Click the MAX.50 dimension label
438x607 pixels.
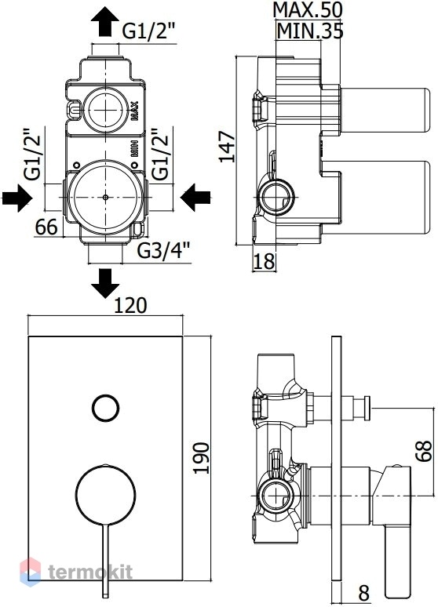coord(308,9)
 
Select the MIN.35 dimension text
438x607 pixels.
coord(310,31)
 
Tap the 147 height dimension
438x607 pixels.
coord(228,147)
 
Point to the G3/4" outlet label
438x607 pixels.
coord(164,251)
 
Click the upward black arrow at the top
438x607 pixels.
coord(105,22)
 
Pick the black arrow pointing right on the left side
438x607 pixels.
coord(16,198)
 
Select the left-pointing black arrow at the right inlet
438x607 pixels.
coord(195,198)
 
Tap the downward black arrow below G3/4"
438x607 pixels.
coord(105,283)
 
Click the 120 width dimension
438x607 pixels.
coord(130,306)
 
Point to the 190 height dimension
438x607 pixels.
coord(201,458)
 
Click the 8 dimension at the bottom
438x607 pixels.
coord(363,593)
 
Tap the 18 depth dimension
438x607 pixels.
coord(265,262)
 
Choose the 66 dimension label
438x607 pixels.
coord(46,227)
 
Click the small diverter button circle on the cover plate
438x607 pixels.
coord(105,409)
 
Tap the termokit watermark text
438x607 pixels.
coord(90,572)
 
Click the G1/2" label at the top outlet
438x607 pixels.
coord(149,31)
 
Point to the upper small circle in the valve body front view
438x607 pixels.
coord(105,110)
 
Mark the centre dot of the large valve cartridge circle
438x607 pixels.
coord(105,197)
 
